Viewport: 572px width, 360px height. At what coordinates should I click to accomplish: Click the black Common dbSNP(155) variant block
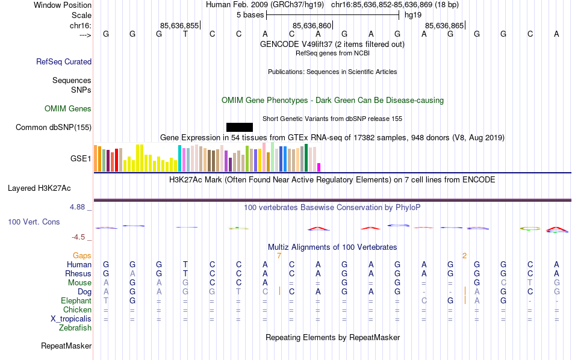[x=240, y=127]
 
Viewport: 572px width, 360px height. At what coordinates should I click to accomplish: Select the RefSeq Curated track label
[x=64, y=61]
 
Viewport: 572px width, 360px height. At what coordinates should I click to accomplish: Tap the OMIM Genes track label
[x=68, y=109]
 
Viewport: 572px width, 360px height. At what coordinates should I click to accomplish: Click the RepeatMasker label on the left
[x=66, y=346]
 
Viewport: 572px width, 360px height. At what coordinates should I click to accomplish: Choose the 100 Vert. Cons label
[x=34, y=222]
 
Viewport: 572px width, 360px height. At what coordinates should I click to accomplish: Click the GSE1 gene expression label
[x=81, y=159]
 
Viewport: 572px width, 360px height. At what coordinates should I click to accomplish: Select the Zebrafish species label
[x=75, y=328]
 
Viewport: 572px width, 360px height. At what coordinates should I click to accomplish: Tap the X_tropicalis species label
[x=71, y=319]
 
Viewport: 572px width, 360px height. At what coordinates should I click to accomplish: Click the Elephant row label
[x=76, y=300]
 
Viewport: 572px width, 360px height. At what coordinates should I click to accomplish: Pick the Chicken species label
[x=77, y=309]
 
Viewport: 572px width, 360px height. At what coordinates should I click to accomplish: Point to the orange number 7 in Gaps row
[x=279, y=256]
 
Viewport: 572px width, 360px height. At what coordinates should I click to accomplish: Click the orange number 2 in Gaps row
[x=464, y=256]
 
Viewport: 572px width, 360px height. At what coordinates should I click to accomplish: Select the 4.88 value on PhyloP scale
[x=79, y=207]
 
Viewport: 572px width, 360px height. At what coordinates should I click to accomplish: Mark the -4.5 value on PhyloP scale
[x=81, y=237]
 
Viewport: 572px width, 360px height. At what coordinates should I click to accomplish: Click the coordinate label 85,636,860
[x=312, y=25]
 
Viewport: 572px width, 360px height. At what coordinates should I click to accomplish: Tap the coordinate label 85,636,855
[x=179, y=25]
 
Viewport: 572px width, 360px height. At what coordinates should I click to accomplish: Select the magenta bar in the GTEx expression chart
[x=319, y=167]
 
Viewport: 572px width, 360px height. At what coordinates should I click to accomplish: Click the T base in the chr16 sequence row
[x=185, y=34]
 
